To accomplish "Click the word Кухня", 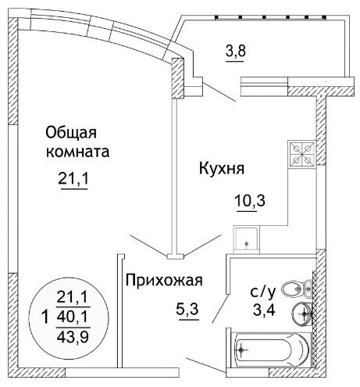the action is [x=222, y=168].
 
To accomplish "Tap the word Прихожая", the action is [x=164, y=281].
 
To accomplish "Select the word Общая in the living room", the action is [x=71, y=133].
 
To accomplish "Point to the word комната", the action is [x=77, y=152].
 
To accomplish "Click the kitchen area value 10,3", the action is [x=250, y=201].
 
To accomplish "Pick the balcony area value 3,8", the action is [x=236, y=51].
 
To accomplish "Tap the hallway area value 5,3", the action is [x=187, y=310].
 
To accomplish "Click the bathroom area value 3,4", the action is [x=264, y=310].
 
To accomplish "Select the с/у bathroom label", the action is [x=263, y=292].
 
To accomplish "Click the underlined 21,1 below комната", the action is [x=73, y=179].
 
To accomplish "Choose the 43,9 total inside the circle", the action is [x=73, y=337].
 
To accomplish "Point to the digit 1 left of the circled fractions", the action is [x=45, y=317].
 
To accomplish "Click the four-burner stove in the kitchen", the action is [x=302, y=154].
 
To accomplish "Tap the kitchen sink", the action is [x=247, y=240].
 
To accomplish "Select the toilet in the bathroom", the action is [x=298, y=288].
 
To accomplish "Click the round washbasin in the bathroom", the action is [x=303, y=314].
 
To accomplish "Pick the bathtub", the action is [x=271, y=349].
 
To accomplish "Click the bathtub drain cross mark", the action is [x=242, y=349].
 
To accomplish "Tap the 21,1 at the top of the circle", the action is [x=73, y=297].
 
